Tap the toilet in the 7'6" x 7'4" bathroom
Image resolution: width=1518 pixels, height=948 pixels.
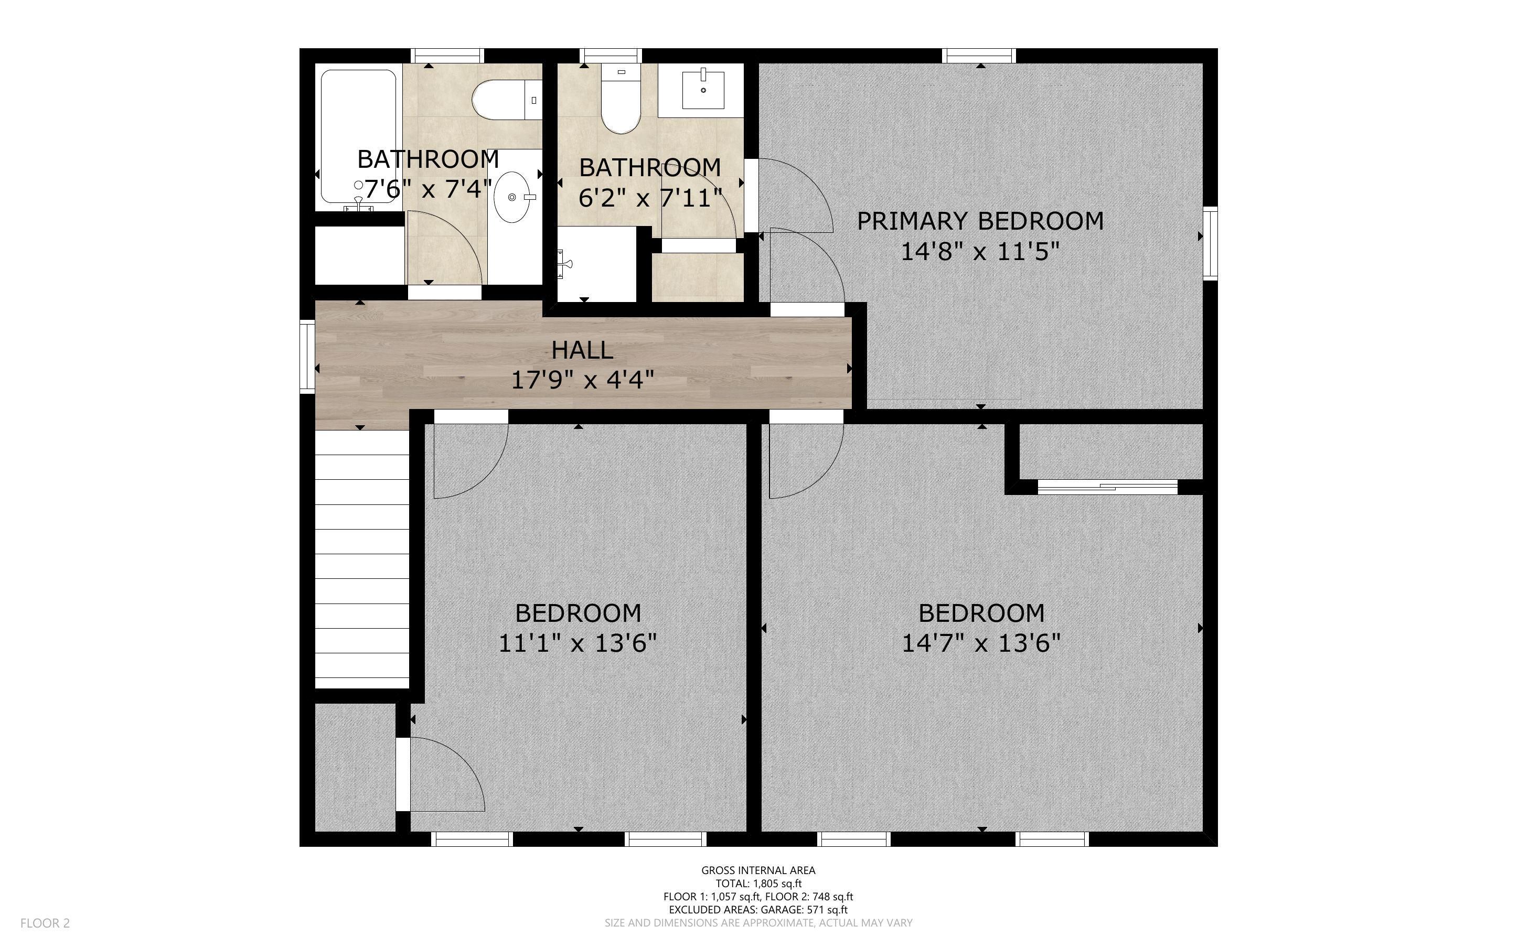[507, 100]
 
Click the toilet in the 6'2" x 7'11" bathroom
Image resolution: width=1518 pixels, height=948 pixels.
[620, 99]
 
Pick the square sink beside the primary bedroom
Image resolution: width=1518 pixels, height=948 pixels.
[703, 90]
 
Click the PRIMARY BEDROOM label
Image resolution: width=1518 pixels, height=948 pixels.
[980, 221]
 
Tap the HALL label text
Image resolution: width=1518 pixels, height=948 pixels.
[582, 350]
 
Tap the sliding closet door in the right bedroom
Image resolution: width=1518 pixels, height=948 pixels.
[1108, 487]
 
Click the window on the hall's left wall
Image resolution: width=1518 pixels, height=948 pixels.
[307, 356]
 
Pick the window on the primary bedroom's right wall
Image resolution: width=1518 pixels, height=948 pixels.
[1210, 243]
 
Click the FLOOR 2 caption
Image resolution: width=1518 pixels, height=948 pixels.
[45, 923]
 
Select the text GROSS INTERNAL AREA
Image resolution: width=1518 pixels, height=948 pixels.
[758, 870]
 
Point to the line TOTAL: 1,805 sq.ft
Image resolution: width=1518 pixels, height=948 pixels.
[758, 884]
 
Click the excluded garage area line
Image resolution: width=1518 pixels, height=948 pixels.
[758, 910]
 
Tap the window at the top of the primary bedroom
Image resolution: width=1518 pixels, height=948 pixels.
[979, 56]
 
